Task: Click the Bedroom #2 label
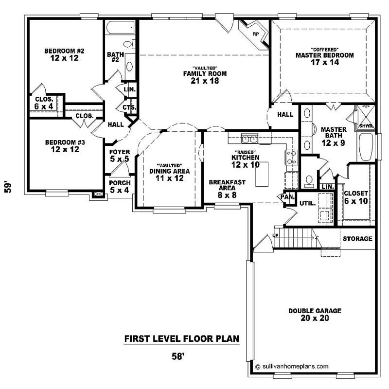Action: click(x=65, y=51)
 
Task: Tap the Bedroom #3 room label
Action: click(x=65, y=142)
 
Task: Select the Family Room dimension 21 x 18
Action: click(x=205, y=81)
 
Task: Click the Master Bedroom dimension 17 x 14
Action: click(x=324, y=63)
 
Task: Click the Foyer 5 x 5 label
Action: click(x=119, y=156)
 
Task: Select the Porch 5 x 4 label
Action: click(x=119, y=187)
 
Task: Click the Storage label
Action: click(x=357, y=239)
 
